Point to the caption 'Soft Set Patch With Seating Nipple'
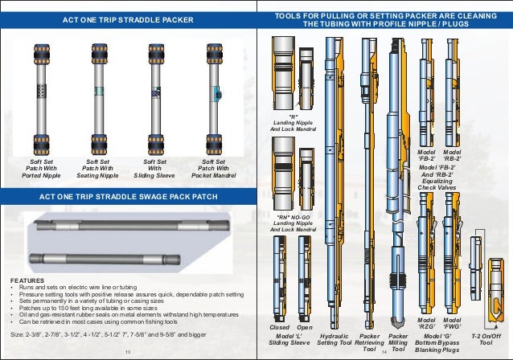click(x=97, y=167)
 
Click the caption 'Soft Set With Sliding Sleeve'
click(x=154, y=167)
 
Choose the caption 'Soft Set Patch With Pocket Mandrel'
click(x=213, y=167)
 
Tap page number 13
click(x=127, y=352)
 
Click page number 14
click(x=384, y=352)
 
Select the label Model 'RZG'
click(x=426, y=323)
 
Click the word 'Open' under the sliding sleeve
click(x=305, y=328)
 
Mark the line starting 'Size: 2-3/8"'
click(x=109, y=333)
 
